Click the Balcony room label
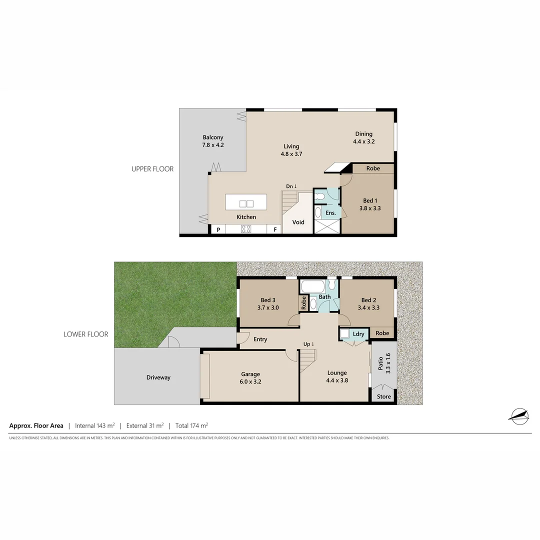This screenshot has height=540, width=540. coord(213,137)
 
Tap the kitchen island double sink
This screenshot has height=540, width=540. coord(246,203)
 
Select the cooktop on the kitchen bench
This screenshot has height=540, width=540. coord(246,229)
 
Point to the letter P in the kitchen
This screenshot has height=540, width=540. coord(218,229)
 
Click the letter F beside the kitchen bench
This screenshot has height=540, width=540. coord(274,229)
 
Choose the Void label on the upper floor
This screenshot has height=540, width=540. coord(298,222)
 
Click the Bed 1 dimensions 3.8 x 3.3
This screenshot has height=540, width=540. coord(370,208)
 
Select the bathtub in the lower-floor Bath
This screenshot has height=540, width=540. coord(312,287)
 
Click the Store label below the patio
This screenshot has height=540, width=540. coord(383,396)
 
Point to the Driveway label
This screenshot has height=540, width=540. coord(158,377)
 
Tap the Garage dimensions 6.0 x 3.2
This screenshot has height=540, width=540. coord(251,381)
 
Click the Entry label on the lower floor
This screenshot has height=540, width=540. coord(260,339)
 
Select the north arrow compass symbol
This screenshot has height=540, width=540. coord(518,416)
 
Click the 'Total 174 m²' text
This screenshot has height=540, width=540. coord(191,426)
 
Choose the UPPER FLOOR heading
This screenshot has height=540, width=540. coord(152,169)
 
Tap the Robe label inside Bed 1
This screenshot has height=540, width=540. coord(373,168)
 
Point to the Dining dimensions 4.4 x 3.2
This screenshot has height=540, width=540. coord(364,141)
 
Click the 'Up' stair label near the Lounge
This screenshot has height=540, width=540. coord(308,344)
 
